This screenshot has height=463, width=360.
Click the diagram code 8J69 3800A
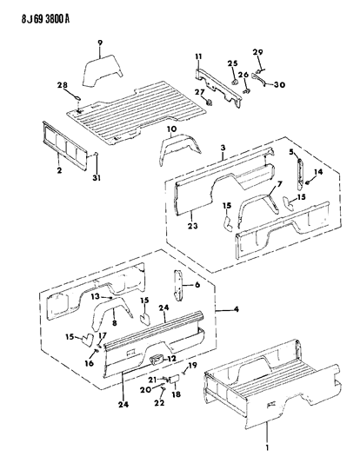tap(45, 19)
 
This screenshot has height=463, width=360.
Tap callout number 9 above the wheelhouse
tap(100, 43)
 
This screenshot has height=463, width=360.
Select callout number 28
tap(63, 85)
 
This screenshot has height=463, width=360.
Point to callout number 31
tap(97, 178)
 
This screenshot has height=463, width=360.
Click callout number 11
tap(198, 56)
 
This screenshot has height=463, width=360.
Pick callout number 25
tap(233, 63)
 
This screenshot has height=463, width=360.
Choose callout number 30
tap(279, 85)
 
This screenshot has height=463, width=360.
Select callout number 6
tap(197, 285)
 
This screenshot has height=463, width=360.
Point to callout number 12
tap(171, 359)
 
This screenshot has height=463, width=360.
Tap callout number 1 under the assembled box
tap(267, 448)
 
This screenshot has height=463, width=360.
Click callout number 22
tap(159, 403)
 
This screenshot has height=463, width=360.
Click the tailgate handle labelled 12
tap(157, 360)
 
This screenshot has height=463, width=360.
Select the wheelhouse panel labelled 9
tap(103, 70)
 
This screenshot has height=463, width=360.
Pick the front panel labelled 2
tap(65, 145)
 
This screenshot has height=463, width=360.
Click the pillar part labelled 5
tap(300, 174)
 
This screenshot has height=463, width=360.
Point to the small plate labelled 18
tap(174, 379)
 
